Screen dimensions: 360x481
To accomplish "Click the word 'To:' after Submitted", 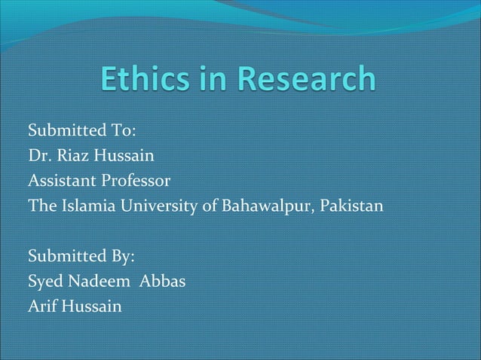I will pos(122,131).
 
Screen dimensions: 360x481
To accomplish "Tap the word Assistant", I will pos(60,181).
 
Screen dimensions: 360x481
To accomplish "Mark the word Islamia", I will pos(82,206).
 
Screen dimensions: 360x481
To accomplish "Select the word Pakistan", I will pos(352,206).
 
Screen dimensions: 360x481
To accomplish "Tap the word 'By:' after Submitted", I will pos(122,257).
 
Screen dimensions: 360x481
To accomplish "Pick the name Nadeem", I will pos(97,282).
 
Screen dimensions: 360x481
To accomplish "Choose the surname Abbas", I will pos(163,282).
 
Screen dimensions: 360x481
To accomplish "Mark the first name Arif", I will pos(42,307).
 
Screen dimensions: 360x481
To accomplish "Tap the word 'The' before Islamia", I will pos(41,206).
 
